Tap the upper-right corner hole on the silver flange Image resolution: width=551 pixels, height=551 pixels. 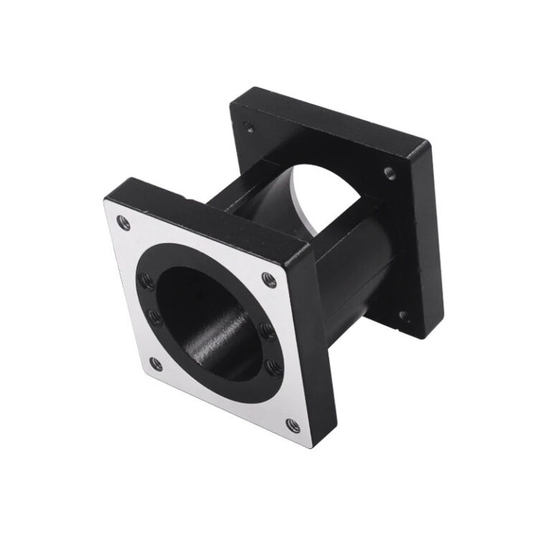point(269,280)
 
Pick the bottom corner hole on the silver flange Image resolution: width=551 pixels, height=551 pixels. point(292,426)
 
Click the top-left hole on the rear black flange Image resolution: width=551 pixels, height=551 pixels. point(248,127)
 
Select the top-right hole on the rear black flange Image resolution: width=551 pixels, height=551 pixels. point(388,171)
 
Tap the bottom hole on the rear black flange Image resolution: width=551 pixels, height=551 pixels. point(404,316)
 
